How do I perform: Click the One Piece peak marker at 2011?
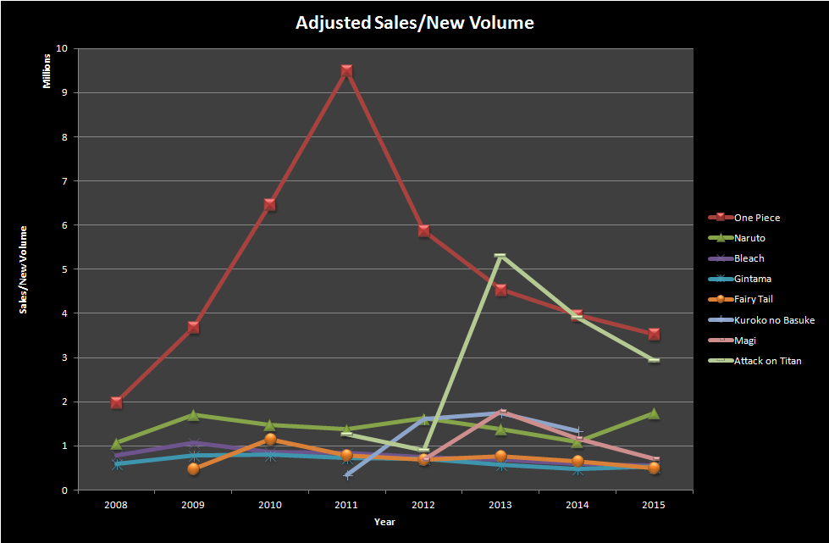point(346,71)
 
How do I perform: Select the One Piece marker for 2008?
point(116,402)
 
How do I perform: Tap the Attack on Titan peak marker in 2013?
point(500,256)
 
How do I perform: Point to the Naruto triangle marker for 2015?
point(654,413)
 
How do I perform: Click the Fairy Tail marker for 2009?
point(193,468)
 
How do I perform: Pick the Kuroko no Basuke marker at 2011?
point(346,474)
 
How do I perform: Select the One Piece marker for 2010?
point(270,204)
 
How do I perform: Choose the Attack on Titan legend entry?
point(767,361)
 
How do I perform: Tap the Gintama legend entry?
point(752,279)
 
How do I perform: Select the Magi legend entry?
point(744,341)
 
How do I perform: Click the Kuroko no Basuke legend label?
point(774,319)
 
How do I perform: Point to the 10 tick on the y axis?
point(61,49)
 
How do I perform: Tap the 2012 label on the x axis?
point(423,505)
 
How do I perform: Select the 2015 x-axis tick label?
point(654,505)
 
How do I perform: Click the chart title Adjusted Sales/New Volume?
point(414,23)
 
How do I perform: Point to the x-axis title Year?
point(384,522)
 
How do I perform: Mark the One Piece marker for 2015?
point(654,334)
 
